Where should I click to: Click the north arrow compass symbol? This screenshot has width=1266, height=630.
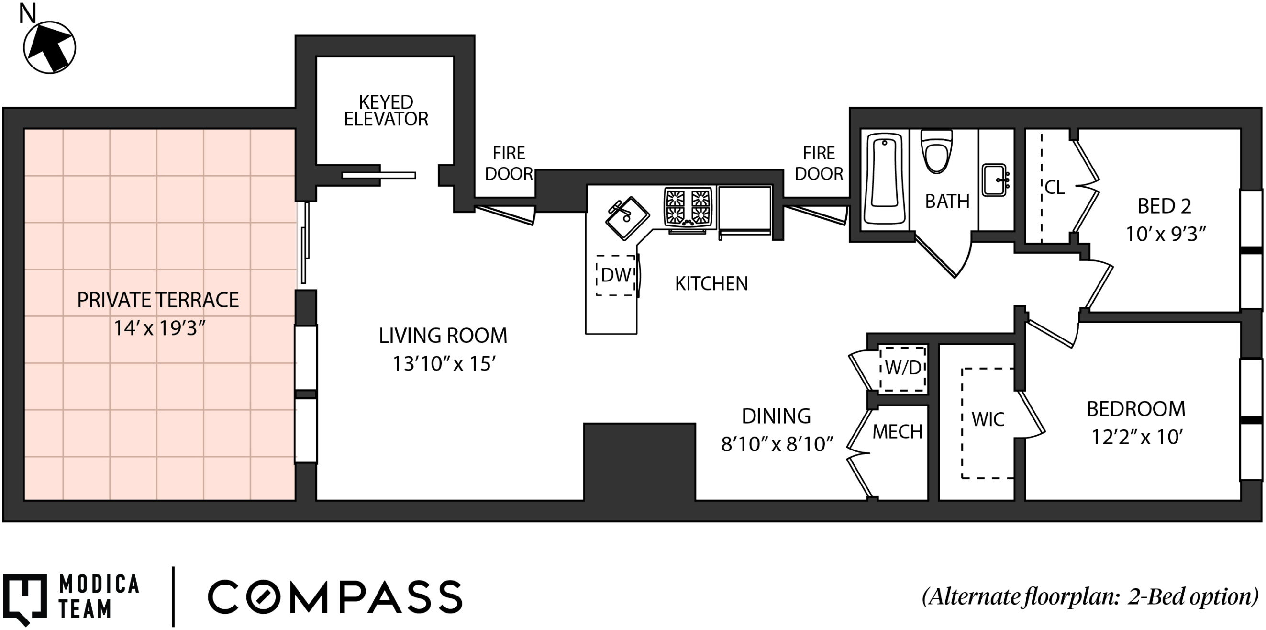tap(50, 47)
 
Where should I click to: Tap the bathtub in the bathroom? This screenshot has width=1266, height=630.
tap(885, 179)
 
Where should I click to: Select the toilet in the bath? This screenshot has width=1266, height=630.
tap(936, 150)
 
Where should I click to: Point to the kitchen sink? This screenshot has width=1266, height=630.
tap(627, 218)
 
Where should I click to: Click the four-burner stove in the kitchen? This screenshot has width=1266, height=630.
tap(688, 208)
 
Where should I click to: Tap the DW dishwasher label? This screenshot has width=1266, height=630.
tap(616, 275)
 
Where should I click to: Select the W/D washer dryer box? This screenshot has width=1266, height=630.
tap(902, 368)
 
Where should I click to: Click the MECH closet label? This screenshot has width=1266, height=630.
tap(897, 431)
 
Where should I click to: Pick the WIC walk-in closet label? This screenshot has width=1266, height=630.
tap(988, 419)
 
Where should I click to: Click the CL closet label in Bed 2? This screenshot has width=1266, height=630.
tap(1055, 187)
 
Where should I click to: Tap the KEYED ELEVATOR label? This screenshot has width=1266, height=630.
tap(386, 111)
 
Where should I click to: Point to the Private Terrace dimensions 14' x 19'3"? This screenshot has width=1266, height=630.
tap(159, 327)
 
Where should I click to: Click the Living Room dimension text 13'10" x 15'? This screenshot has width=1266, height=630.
tap(444, 363)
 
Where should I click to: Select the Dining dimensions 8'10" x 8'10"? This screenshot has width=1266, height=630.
tap(777, 444)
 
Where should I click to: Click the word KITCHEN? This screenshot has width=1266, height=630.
tap(711, 283)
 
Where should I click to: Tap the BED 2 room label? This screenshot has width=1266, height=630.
tap(1164, 206)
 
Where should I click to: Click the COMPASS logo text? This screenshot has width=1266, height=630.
tap(335, 596)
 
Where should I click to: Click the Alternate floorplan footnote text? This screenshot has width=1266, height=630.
tap(1089, 596)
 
